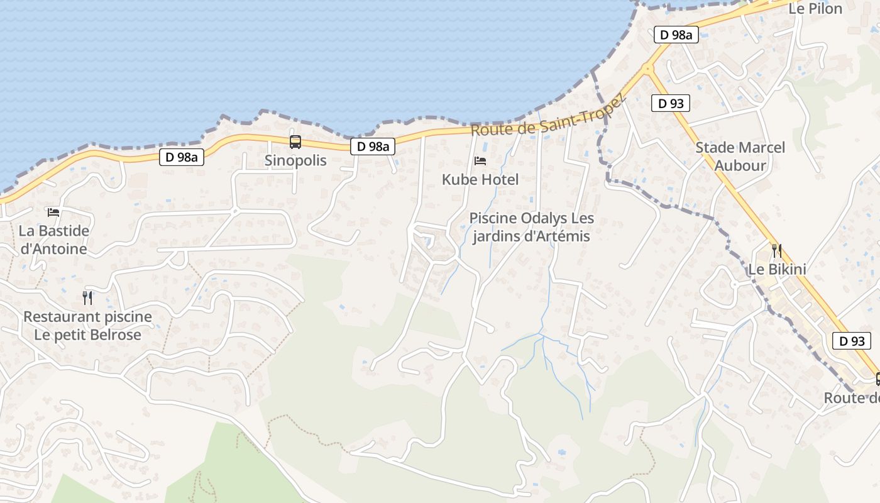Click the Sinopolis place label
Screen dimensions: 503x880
click(295, 160)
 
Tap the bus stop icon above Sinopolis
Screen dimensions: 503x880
click(295, 142)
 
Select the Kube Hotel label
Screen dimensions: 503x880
click(480, 180)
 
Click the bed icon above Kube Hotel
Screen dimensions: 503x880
click(480, 161)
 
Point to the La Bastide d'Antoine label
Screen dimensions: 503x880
click(53, 240)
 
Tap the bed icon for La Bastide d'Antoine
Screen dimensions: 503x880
click(53, 213)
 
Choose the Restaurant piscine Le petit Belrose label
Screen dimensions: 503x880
click(87, 325)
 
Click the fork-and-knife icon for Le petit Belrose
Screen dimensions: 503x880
click(87, 297)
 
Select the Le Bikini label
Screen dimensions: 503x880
click(777, 269)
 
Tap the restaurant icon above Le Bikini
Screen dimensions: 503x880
click(777, 251)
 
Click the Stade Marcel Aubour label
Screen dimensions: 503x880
click(740, 157)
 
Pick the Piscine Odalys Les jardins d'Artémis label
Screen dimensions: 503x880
click(531, 228)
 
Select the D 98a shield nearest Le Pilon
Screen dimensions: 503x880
click(676, 35)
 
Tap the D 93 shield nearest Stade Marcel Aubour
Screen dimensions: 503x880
click(671, 103)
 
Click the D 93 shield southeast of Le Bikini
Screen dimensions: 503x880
click(852, 341)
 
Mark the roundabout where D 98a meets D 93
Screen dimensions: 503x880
click(647, 67)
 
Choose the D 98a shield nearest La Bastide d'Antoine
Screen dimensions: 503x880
click(182, 157)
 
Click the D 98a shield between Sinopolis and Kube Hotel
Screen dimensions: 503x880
click(373, 146)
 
